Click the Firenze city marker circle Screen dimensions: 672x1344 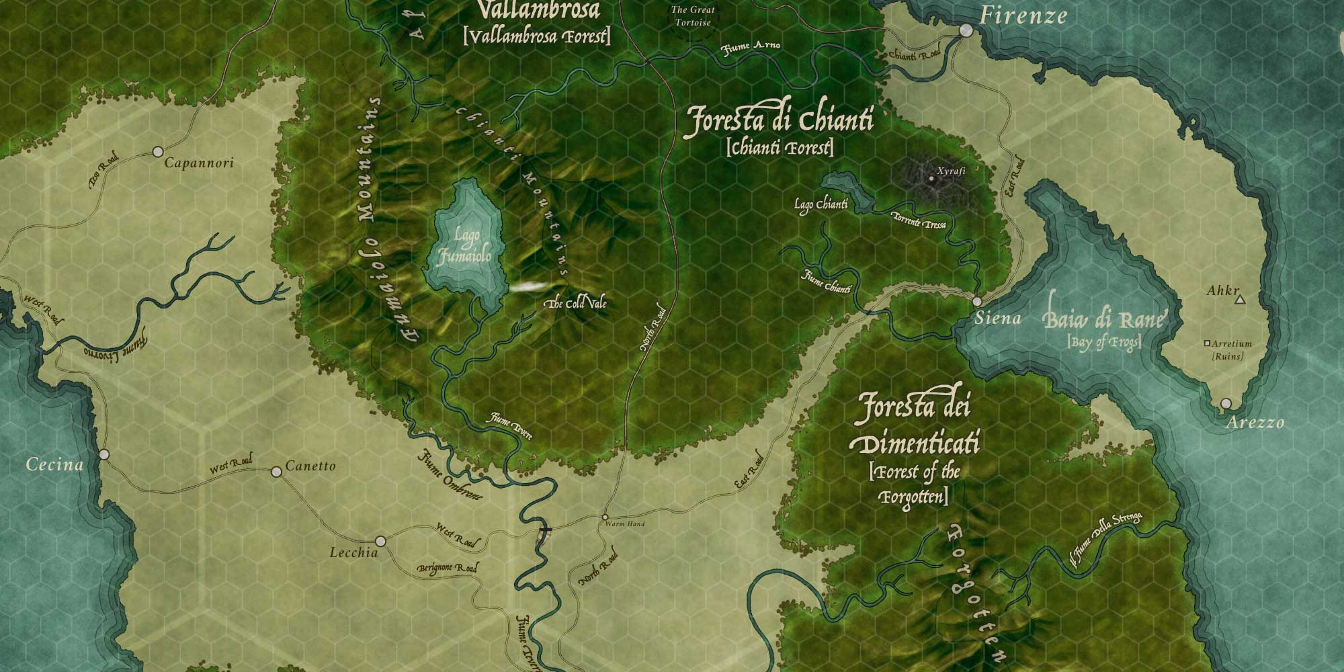[966, 30]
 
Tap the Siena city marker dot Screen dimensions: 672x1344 [976, 302]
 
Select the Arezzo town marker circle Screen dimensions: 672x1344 [1226, 404]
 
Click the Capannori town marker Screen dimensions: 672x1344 [159, 151]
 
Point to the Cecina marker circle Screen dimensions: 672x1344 [104, 455]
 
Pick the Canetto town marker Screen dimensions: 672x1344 [276, 472]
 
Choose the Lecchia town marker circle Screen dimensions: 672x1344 [380, 541]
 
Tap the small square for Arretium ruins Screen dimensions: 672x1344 [1207, 343]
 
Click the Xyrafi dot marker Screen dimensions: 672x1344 [931, 179]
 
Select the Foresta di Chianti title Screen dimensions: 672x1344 [778, 122]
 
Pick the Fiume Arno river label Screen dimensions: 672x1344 [751, 47]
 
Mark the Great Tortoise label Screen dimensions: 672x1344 [692, 16]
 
